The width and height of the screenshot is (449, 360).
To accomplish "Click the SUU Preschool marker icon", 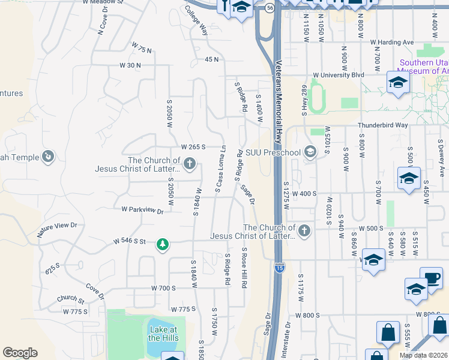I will click(x=310, y=151).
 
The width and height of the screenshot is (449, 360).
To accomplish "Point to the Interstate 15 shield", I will click(x=280, y=266).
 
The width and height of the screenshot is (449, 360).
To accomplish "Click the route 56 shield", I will click(x=271, y=8).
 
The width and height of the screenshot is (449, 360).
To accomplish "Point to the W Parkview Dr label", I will click(x=142, y=210).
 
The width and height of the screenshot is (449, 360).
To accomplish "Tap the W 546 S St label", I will click(x=130, y=241).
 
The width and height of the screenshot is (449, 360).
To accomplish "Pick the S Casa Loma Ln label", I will click(x=221, y=169).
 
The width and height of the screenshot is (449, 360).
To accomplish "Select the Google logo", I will click(x=20, y=353).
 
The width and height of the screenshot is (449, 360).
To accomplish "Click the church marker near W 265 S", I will click(x=190, y=163).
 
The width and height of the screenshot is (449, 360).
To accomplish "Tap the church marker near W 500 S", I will click(x=304, y=231).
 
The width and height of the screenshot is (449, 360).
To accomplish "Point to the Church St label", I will click(x=71, y=299).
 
